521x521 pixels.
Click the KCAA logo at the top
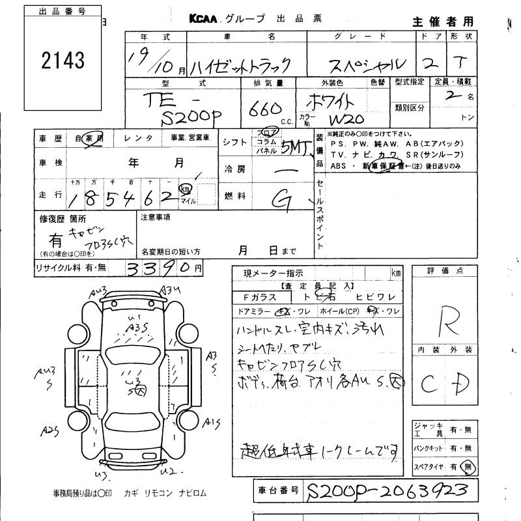(208, 19)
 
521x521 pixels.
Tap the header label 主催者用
(443, 22)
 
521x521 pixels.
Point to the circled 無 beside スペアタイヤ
(466, 466)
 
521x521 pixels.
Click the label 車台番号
(277, 488)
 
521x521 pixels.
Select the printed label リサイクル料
(57, 268)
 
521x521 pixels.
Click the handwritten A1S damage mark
(210, 423)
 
